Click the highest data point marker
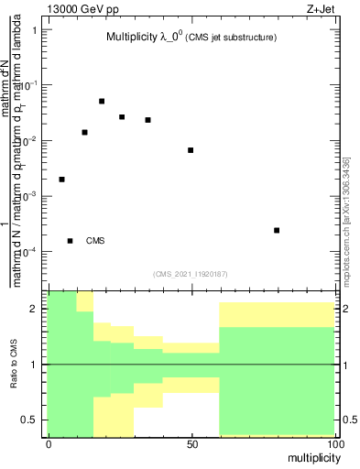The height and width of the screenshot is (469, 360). tap(102, 101)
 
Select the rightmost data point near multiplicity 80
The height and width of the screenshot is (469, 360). tap(277, 230)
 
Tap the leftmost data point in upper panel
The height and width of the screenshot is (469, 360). tap(61, 180)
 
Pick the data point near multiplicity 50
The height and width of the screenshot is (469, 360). tap(191, 150)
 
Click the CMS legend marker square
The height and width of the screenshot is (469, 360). tap(71, 241)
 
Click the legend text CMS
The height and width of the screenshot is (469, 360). tap(95, 241)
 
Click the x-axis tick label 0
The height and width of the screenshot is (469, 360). tap(49, 443)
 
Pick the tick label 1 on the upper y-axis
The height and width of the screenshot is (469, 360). tap(36, 29)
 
